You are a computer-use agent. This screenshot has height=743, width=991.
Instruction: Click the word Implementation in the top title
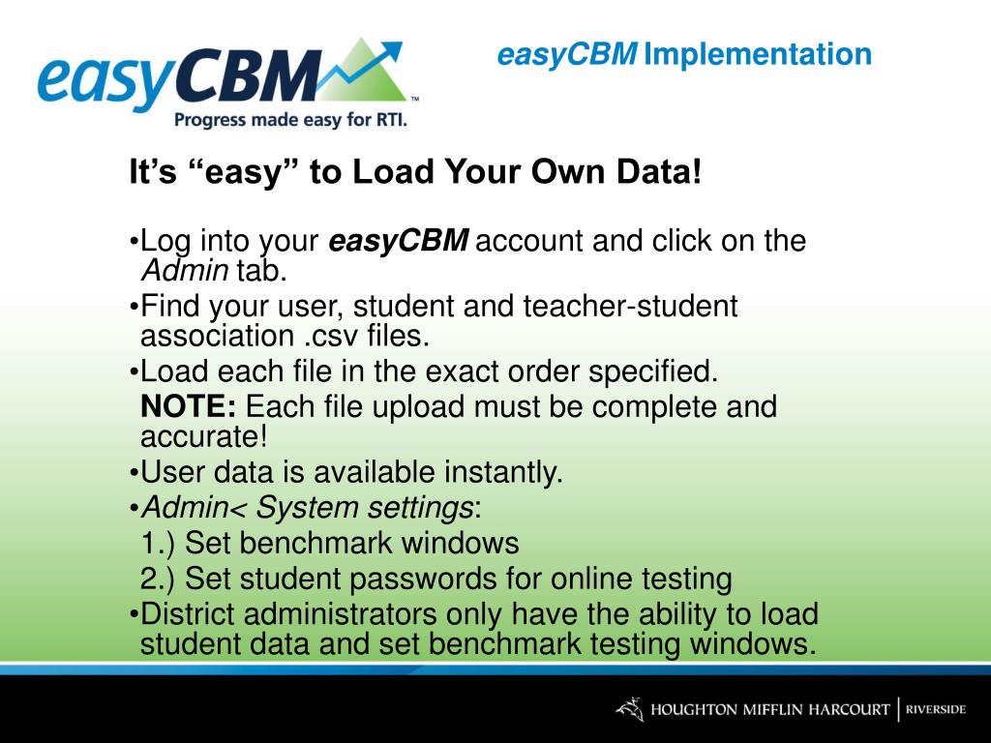pos(758,54)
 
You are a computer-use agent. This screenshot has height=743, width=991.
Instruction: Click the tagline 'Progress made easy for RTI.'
pos(290,120)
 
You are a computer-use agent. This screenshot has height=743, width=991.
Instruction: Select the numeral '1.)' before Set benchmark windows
pos(160,543)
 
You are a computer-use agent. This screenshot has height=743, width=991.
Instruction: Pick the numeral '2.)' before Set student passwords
pos(160,579)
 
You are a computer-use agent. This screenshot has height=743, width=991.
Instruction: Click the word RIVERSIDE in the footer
pos(935,709)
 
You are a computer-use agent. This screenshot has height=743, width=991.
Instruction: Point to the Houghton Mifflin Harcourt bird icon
pos(629,709)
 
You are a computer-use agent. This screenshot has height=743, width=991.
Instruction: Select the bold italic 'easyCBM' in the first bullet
pos(399,241)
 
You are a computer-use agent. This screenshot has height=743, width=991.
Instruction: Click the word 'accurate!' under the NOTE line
pos(203,436)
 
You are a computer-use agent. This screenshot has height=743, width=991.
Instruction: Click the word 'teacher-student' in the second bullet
pos(630,307)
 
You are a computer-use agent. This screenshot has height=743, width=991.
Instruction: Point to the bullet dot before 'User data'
pos(134,473)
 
